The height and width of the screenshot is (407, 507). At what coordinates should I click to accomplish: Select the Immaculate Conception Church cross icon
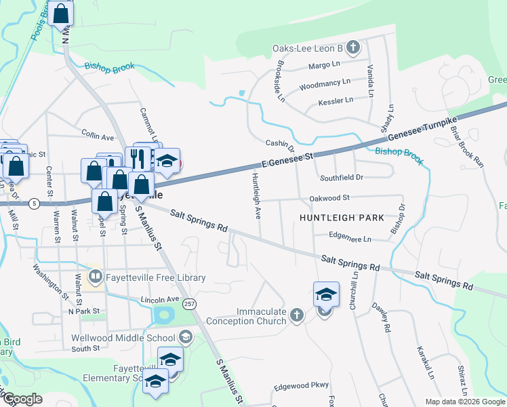[x=296, y=315]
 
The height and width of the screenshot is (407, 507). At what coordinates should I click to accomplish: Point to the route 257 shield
[x=190, y=304]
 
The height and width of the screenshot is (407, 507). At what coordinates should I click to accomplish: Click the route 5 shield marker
[x=34, y=203]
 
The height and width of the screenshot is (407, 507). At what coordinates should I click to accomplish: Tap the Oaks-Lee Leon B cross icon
[x=352, y=48]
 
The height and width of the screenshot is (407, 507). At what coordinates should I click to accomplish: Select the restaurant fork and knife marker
[x=138, y=159]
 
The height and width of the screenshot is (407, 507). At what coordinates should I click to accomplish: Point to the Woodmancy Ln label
[x=325, y=85]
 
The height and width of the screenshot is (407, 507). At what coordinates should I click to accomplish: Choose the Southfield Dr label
[x=342, y=178]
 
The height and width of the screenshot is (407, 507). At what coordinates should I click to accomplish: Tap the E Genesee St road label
[x=289, y=160]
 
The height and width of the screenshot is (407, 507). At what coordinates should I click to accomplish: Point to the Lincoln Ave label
[x=159, y=299]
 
